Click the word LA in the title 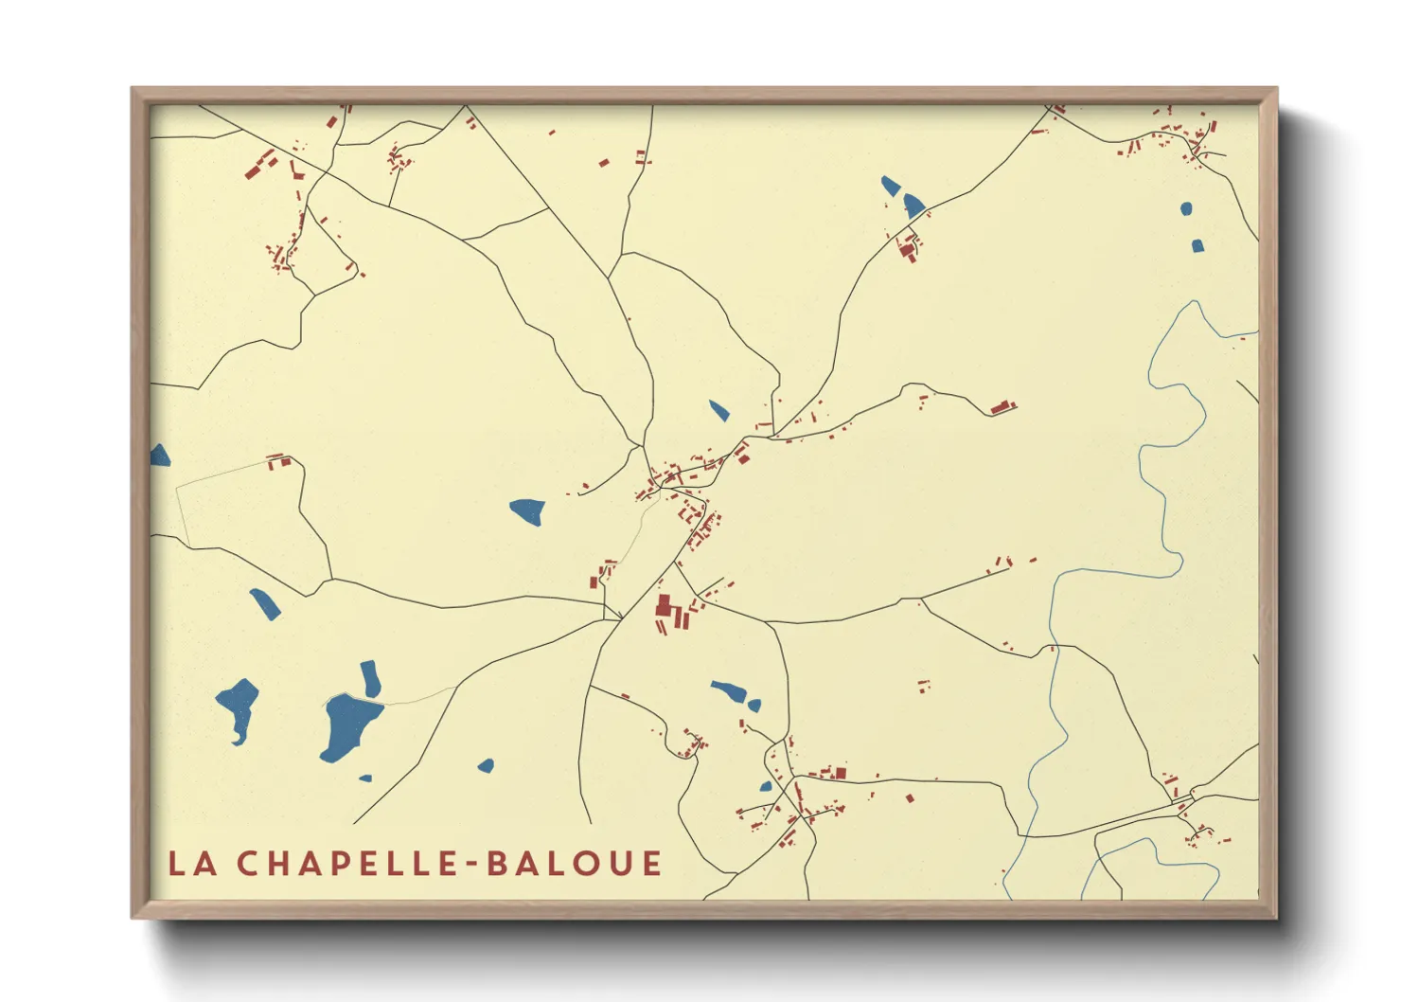(x=192, y=864)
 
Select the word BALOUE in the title (x=574, y=864)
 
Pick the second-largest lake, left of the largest (x=238, y=706)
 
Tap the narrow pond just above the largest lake (x=370, y=677)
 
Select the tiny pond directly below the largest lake (x=365, y=778)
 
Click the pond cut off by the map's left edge (x=159, y=456)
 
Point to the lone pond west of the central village (x=528, y=510)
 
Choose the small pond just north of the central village (x=719, y=410)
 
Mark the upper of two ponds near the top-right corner (x=1186, y=208)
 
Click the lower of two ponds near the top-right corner (x=1197, y=246)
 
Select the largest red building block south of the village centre (x=664, y=605)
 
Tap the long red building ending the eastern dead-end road (x=1002, y=407)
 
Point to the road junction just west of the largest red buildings (x=620, y=619)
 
